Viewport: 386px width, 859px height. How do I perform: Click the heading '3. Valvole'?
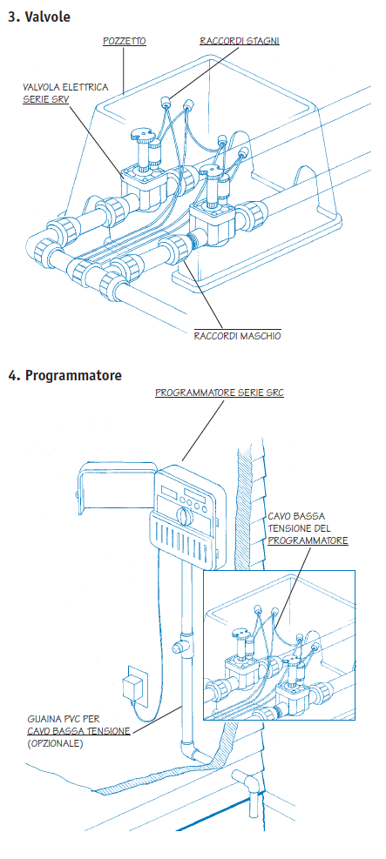pyautogui.click(x=39, y=17)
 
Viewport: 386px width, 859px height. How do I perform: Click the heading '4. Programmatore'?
pyautogui.click(x=64, y=376)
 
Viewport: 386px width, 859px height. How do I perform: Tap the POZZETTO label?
pyautogui.click(x=125, y=41)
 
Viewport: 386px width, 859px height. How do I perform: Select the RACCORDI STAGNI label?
pyautogui.click(x=240, y=41)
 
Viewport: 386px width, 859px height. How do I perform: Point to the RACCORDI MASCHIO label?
pyautogui.click(x=237, y=336)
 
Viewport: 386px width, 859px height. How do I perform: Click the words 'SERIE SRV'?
pyautogui.click(x=46, y=100)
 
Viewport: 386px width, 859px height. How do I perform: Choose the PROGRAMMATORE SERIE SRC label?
pyautogui.click(x=220, y=393)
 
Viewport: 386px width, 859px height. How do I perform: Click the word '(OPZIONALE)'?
pyautogui.click(x=55, y=744)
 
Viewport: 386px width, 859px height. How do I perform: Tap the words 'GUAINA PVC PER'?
pyautogui.click(x=64, y=718)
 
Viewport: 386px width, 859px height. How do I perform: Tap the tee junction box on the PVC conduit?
pyautogui.click(x=181, y=647)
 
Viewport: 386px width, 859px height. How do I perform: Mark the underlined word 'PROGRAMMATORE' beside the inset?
pyautogui.click(x=308, y=540)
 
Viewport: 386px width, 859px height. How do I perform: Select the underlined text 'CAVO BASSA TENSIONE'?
pyautogui.click(x=78, y=731)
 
